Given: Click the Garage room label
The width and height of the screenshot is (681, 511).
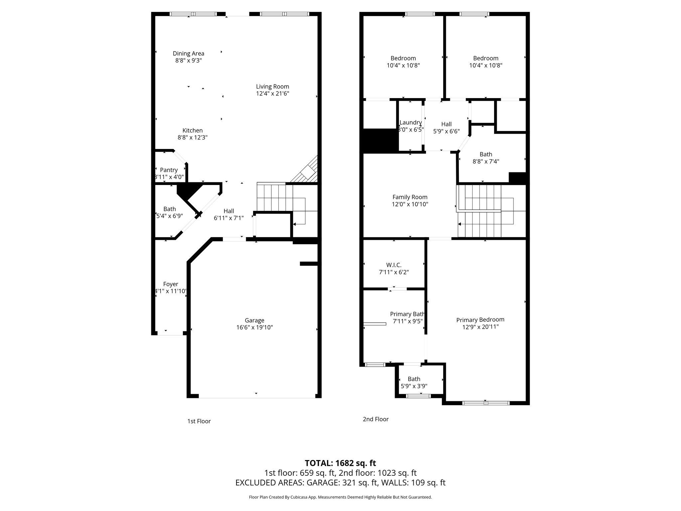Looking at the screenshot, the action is pos(254,320).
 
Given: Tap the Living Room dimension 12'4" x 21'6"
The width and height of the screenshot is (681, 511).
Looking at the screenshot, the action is pos(272,94).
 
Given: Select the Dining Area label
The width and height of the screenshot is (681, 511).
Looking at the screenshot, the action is pos(189,53).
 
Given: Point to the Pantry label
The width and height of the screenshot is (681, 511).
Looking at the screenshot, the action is pos(169,170).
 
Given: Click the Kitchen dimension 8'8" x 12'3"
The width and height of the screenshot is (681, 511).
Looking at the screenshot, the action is pos(193,137).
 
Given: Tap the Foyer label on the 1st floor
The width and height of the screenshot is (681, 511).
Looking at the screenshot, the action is pos(171,284).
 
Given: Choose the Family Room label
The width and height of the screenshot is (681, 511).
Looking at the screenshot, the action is pos(410,197).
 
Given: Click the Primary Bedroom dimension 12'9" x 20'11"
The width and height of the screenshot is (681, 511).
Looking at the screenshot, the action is pos(480,327).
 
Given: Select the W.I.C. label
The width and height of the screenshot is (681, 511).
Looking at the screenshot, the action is pos(394,265).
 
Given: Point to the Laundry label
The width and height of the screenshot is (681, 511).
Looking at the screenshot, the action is pos(411,122).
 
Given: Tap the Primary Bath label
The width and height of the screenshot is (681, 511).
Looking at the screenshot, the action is pos(407,314).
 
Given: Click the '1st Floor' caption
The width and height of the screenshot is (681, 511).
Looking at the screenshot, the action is pos(199,421).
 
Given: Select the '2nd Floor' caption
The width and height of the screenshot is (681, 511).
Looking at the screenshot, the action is pos(376,419).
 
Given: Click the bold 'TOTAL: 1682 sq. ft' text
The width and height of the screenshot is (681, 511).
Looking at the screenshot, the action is pos(340,463).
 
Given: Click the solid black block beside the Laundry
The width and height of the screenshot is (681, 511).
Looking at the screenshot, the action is pos(381,141).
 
